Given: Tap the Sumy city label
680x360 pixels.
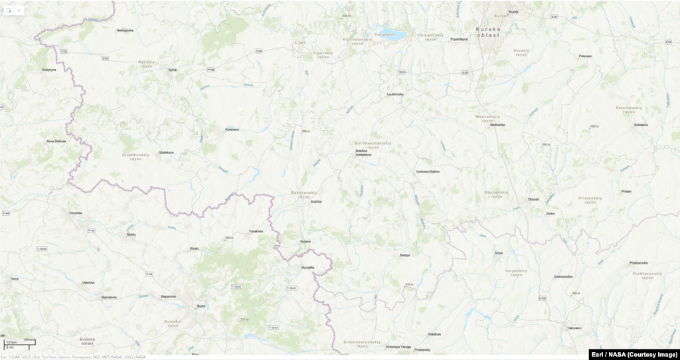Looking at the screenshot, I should pos(201,306).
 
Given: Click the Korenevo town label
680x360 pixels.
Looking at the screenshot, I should pos(232,129).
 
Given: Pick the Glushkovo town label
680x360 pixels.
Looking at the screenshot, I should pos(166,152).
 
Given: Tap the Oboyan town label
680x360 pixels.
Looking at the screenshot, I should pos(533,199).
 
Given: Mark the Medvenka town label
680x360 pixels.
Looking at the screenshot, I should pos(498,125).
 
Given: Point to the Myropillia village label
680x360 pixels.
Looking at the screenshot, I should pos(307,268).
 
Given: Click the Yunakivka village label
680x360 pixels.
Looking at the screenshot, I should pos(256,231).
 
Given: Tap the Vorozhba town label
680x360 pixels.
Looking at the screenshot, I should pos(76,213).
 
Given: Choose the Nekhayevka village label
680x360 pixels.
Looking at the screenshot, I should pos(125,31).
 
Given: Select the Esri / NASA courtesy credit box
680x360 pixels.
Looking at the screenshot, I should pos(634,354).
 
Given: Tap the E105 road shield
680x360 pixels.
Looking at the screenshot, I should pos(543,297).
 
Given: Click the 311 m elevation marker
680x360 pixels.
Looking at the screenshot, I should pos(244,319).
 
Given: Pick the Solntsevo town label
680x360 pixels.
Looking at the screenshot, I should pos(641,125).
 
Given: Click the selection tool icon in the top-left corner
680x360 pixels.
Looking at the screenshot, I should pos(9,10).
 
